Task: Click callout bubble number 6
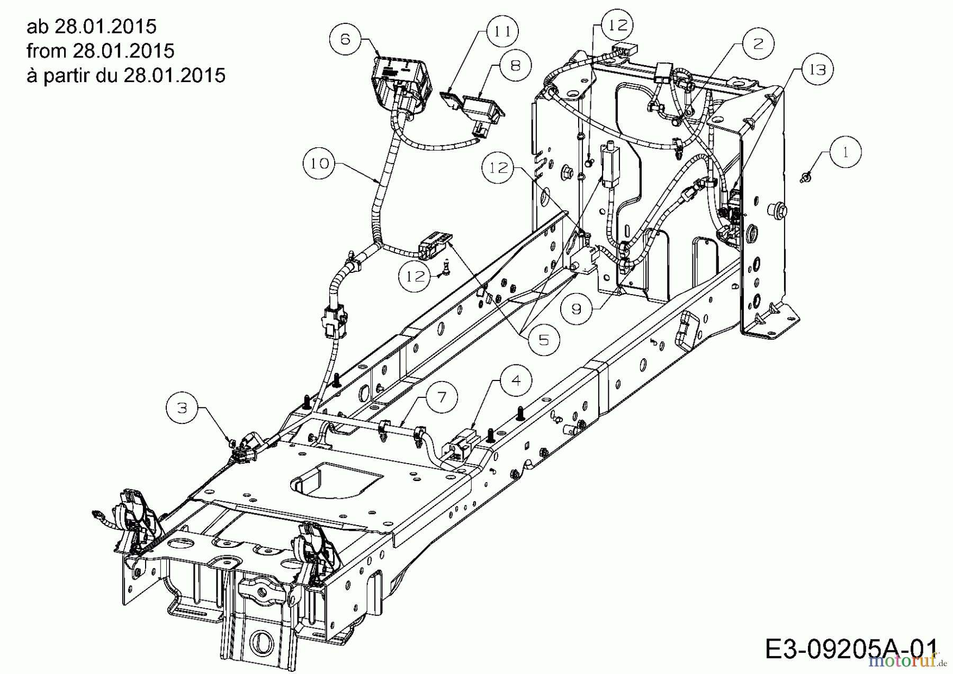click(x=345, y=39)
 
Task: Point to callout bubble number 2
click(x=758, y=43)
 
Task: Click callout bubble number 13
click(x=817, y=69)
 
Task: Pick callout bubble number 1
click(x=845, y=152)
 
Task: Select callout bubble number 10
click(x=320, y=163)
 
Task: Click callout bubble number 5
click(x=544, y=339)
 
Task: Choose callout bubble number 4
click(x=516, y=380)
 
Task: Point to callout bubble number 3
click(x=182, y=407)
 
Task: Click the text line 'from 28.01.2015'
click(x=101, y=51)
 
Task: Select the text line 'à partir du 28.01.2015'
click(x=126, y=75)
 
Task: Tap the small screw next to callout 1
click(x=806, y=178)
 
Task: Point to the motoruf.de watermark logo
click(x=907, y=661)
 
